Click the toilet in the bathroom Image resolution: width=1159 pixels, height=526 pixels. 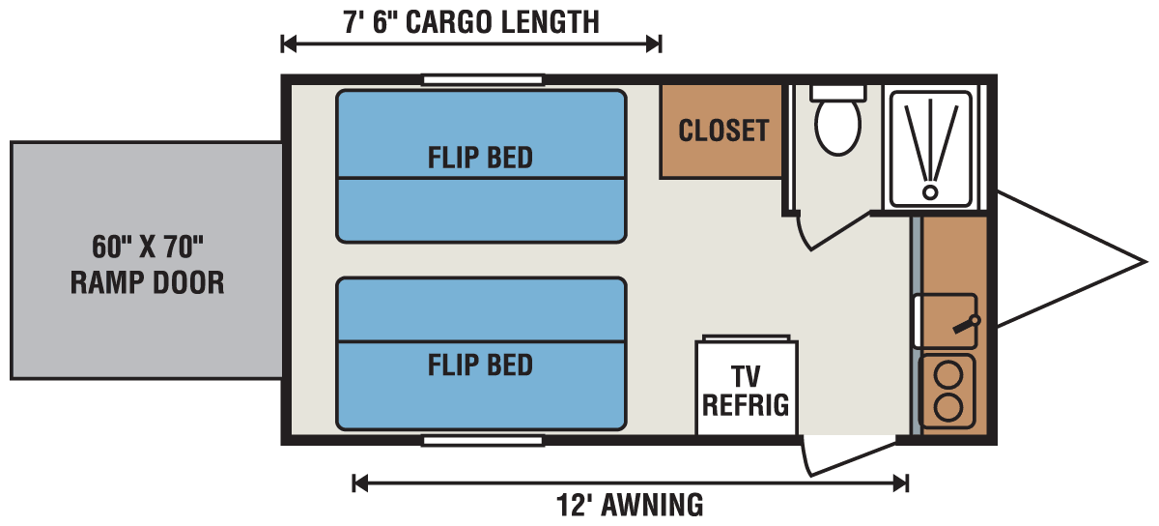[837, 126]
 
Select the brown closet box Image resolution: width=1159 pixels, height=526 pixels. [721, 131]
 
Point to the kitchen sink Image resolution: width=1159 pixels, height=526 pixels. [945, 320]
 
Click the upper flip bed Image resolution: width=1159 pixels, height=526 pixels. [481, 165]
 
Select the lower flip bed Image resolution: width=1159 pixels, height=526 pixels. [481, 353]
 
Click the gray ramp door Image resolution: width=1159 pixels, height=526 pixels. [146, 260]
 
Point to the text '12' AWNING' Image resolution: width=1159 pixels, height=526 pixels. [629, 505]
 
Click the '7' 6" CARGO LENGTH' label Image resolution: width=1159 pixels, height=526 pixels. [470, 21]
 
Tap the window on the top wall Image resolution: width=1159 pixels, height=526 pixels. [482, 80]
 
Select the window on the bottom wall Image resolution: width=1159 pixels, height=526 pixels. [482, 441]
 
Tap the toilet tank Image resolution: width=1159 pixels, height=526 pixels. [837, 92]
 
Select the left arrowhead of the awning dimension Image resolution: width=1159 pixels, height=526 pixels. [358, 482]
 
